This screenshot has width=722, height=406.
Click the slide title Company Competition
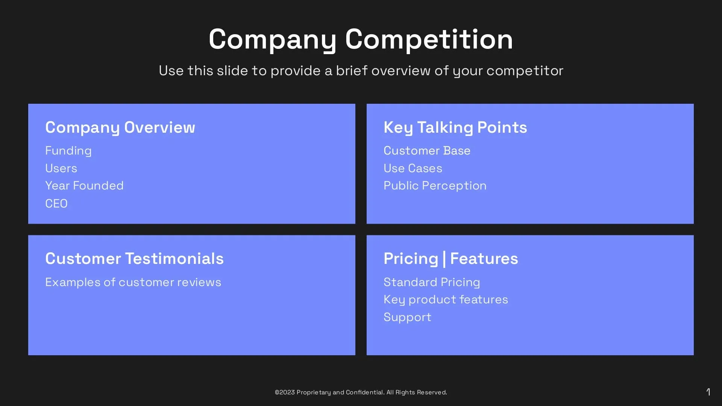(x=361, y=39)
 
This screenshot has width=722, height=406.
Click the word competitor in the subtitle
(x=525, y=71)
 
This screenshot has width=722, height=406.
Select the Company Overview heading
(x=120, y=127)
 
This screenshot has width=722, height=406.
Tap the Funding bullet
(x=68, y=151)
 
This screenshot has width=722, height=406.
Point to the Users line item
(x=61, y=168)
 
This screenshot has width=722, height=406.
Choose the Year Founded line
(x=84, y=186)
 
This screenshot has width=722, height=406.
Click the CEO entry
(x=56, y=203)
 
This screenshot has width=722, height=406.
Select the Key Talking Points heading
(x=455, y=127)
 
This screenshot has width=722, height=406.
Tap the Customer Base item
(x=427, y=151)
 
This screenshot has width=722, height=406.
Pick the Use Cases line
(x=413, y=168)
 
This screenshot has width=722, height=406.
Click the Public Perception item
(x=435, y=186)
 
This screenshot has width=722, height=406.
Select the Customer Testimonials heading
(x=134, y=259)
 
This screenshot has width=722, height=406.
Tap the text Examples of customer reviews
(x=133, y=282)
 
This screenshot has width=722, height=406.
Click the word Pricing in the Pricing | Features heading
(x=411, y=259)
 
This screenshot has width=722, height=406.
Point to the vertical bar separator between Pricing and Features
(x=444, y=259)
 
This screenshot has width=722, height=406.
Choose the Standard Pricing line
(x=432, y=282)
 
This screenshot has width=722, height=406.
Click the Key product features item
(x=446, y=300)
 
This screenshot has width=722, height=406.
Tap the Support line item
(x=407, y=317)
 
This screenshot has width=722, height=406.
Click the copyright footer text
(x=361, y=392)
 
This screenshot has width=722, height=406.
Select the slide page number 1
(x=708, y=392)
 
